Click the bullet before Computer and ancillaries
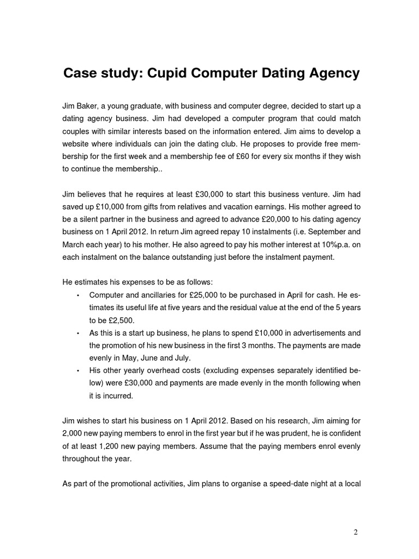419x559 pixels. [x=78, y=296]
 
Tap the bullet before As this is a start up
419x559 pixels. [x=78, y=334]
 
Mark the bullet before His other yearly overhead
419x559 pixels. [x=78, y=371]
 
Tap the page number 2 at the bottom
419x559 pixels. [x=356, y=533]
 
